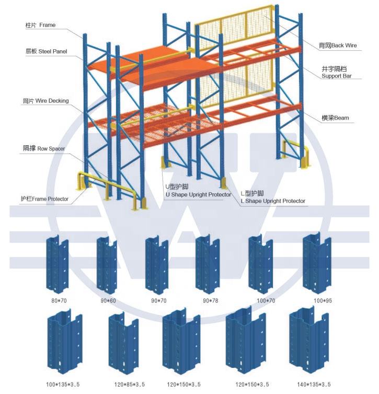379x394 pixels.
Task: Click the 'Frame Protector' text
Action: [x=44, y=199]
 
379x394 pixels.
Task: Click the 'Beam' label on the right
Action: [x=335, y=118]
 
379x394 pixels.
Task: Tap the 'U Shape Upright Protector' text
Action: [x=198, y=194]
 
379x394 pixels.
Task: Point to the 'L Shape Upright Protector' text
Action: [x=272, y=201]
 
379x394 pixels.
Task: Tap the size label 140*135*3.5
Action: [x=313, y=385]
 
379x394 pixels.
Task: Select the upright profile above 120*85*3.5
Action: [x=123, y=344]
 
